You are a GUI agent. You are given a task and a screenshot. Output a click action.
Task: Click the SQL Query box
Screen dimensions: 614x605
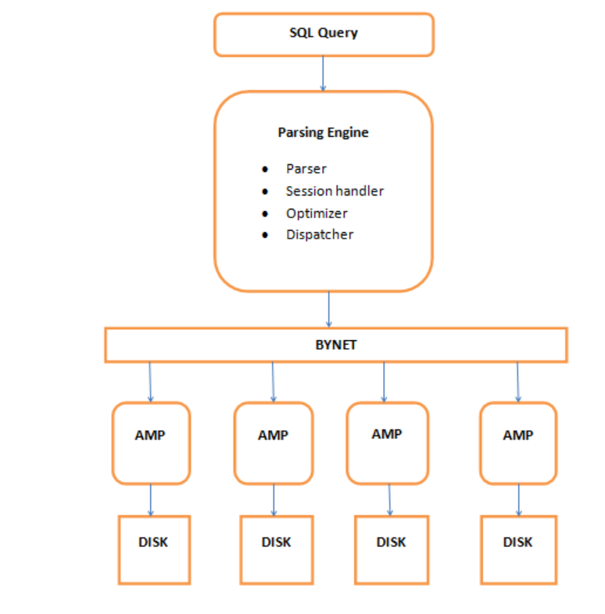pos(324,34)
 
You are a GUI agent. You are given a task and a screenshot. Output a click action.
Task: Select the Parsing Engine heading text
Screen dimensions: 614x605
pos(323,132)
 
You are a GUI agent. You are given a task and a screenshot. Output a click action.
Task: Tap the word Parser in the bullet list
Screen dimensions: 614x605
pos(306,169)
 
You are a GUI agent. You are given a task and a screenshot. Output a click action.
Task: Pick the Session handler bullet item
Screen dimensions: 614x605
pos(335,191)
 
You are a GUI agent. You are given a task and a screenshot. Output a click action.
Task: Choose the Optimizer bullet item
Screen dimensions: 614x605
pos(317,213)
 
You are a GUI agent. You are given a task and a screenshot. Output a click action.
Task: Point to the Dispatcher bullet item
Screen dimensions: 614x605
pos(319,235)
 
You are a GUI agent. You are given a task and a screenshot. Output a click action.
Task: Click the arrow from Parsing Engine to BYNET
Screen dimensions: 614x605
pos(328,309)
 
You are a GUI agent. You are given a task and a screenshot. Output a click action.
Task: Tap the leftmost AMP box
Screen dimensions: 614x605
pos(150,443)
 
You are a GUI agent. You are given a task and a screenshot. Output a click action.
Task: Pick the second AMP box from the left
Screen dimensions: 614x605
pos(273,443)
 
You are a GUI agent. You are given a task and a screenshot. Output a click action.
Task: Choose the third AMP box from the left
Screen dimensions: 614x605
pos(386,443)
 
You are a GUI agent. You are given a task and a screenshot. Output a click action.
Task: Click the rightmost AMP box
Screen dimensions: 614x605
pos(517,443)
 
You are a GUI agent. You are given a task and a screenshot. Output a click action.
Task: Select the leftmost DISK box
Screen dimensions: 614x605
pos(153,549)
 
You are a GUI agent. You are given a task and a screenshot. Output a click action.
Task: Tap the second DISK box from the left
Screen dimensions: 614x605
pos(276,549)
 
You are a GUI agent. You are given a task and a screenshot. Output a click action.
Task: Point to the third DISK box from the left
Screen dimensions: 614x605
pos(391,549)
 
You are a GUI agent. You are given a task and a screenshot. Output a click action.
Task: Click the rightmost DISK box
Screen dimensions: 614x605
pos(517,549)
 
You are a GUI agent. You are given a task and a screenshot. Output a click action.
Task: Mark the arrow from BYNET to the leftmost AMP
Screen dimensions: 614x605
pos(150,382)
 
